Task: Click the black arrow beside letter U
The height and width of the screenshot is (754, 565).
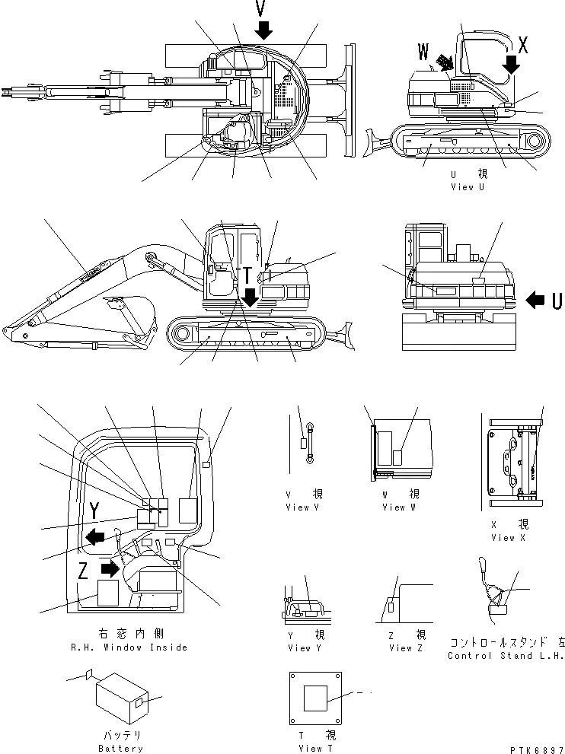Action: click(x=535, y=301)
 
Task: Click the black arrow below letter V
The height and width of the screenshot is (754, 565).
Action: click(x=263, y=29)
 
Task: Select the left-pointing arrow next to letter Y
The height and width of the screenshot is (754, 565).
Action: click(x=96, y=538)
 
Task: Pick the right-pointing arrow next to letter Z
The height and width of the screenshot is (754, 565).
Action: click(x=111, y=568)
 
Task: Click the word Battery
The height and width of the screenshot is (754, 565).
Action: click(x=120, y=749)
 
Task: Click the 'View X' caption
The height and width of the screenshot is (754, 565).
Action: click(x=503, y=538)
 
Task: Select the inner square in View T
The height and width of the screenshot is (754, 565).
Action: click(x=315, y=698)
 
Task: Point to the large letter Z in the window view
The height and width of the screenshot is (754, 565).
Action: click(x=84, y=570)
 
